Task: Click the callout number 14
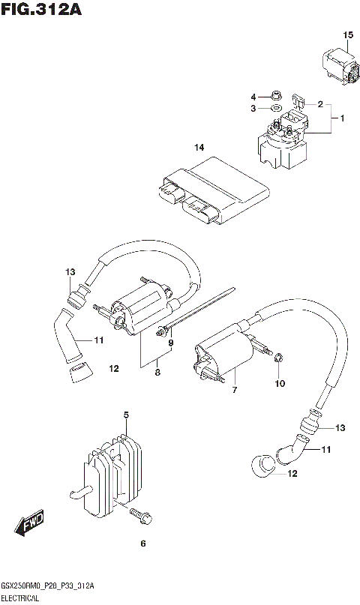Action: (x=199, y=148)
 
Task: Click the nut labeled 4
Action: (x=275, y=97)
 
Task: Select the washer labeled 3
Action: (x=276, y=110)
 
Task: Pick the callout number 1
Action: (x=342, y=119)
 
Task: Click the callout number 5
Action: (x=127, y=415)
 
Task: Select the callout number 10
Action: (x=280, y=384)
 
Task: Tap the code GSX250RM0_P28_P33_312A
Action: (x=47, y=586)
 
